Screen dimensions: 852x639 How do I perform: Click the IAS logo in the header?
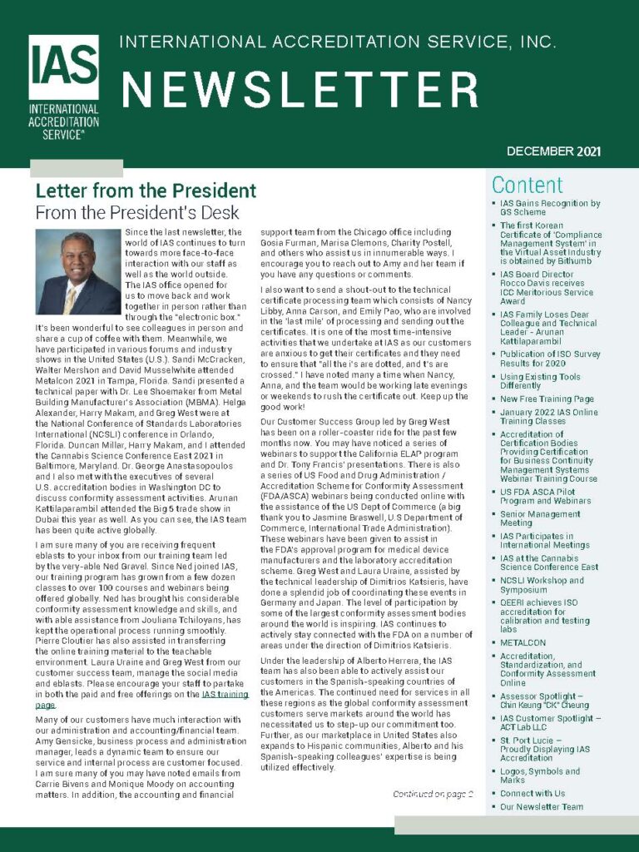[63, 87]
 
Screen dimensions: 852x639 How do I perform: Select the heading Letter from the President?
[146, 191]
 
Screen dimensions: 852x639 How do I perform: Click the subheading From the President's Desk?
[137, 212]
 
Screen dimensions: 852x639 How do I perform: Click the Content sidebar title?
[527, 185]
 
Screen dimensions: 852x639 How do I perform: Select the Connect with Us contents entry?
[532, 793]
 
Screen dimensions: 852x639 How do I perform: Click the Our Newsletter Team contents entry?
[541, 806]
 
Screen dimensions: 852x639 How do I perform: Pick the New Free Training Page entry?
[547, 399]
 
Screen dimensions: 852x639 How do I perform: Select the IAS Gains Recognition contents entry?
[549, 208]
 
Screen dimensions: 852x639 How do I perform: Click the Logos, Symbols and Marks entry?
[540, 776]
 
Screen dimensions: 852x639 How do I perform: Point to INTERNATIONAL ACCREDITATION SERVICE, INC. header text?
[338, 41]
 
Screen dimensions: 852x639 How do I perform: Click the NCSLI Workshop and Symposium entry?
[542, 585]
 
